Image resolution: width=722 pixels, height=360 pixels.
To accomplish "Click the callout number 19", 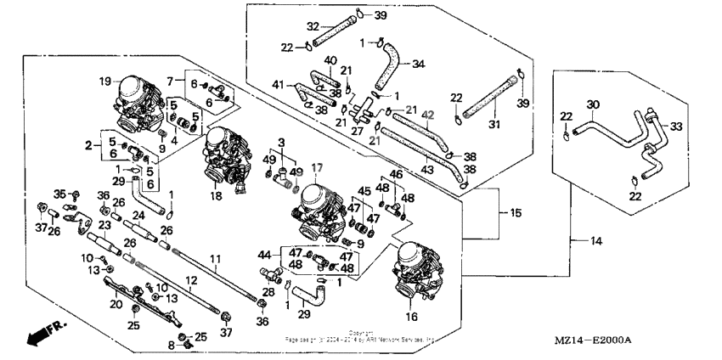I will pyautogui.click(x=105, y=82).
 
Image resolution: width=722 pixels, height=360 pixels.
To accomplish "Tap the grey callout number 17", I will pyautogui.click(x=317, y=167).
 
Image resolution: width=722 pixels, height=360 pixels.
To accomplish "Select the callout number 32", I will pyautogui.click(x=289, y=25).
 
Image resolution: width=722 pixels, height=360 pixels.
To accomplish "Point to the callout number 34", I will pyautogui.click(x=418, y=63).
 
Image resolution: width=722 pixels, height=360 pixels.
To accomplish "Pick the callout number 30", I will pyautogui.click(x=594, y=104).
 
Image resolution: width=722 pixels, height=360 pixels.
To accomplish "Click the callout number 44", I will pyautogui.click(x=264, y=253).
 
